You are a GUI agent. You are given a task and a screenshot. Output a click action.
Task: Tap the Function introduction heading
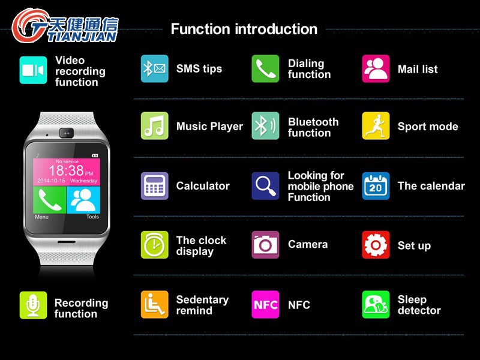[244, 29]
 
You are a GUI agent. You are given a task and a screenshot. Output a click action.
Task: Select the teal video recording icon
[33, 70]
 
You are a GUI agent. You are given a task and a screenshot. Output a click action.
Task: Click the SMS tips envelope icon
[154, 68]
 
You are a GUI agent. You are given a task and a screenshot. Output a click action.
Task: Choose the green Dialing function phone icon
[265, 68]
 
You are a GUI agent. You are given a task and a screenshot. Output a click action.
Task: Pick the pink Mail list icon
[376, 68]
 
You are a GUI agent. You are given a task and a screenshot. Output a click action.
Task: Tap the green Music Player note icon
[154, 126]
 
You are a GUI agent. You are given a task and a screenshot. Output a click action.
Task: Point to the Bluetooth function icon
[265, 126]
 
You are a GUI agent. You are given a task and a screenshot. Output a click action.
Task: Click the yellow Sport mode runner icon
[376, 126]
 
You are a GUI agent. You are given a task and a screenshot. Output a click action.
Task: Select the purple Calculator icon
[154, 185]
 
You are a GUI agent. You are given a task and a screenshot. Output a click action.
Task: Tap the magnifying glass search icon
[265, 185]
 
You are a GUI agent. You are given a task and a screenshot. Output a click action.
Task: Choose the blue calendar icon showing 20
[376, 185]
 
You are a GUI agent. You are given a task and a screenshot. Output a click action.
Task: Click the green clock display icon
[154, 245]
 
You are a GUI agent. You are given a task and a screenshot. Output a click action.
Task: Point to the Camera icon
[265, 245]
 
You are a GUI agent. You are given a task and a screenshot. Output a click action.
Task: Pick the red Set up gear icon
[376, 245]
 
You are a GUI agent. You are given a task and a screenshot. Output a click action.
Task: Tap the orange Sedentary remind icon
[154, 304]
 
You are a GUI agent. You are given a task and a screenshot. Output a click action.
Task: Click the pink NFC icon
[265, 304]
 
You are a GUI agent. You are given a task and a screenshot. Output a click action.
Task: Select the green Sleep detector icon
[376, 304]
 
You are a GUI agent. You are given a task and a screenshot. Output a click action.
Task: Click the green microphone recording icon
[33, 305]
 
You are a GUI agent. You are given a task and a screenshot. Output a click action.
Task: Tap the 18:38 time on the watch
[66, 171]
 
